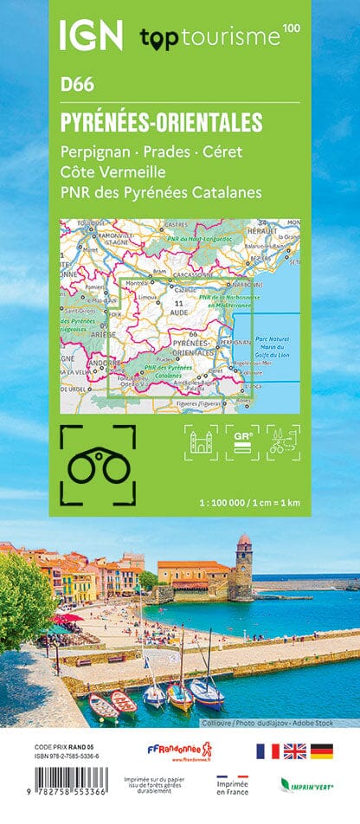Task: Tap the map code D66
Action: click(76, 85)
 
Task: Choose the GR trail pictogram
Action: click(242, 441)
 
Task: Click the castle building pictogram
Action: click(201, 441)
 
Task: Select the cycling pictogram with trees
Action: click(283, 441)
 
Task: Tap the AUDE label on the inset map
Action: click(179, 311)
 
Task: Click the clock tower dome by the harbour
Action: click(244, 540)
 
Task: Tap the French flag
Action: click(267, 750)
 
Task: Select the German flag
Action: click(323, 750)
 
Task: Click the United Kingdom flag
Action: click(295, 750)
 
